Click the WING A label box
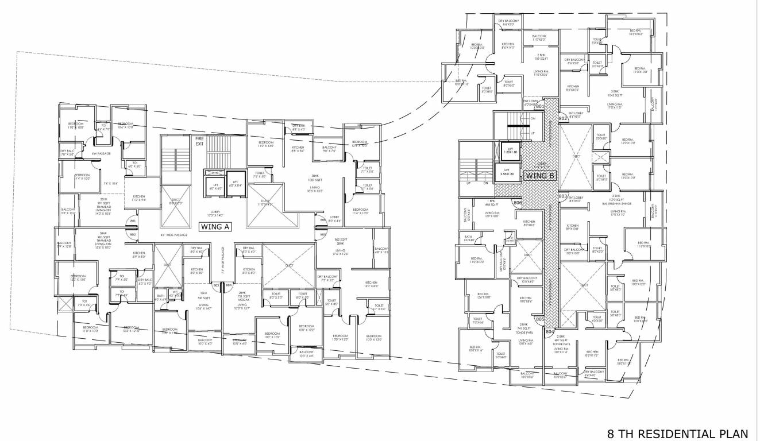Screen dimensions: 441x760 click(x=215, y=227)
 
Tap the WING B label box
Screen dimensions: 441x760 click(x=539, y=176)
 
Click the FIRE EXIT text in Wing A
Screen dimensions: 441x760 click(x=199, y=141)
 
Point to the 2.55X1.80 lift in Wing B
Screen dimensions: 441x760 click(x=507, y=172)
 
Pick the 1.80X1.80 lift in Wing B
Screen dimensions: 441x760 click(x=510, y=151)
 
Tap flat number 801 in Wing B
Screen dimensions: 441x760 click(x=539, y=106)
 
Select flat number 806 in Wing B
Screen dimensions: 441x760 click(x=517, y=203)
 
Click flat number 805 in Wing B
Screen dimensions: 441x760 click(x=539, y=319)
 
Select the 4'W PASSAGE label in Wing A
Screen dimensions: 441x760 click(x=101, y=153)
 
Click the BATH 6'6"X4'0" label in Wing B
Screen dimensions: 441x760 click(x=469, y=239)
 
